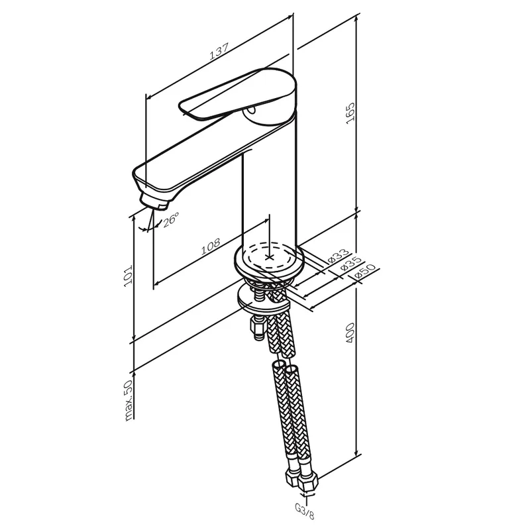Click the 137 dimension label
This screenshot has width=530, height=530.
click(219, 52)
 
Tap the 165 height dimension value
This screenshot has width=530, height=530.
click(350, 113)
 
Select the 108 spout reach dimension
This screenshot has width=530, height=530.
click(211, 246)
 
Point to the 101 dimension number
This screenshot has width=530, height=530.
click(128, 276)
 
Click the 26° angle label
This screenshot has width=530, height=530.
click(170, 220)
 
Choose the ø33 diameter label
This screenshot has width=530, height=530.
click(339, 256)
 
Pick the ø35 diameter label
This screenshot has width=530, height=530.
click(350, 264)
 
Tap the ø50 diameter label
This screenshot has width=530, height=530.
click(365, 272)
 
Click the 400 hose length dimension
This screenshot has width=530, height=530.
click(350, 333)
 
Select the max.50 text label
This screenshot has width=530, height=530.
click(129, 400)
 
